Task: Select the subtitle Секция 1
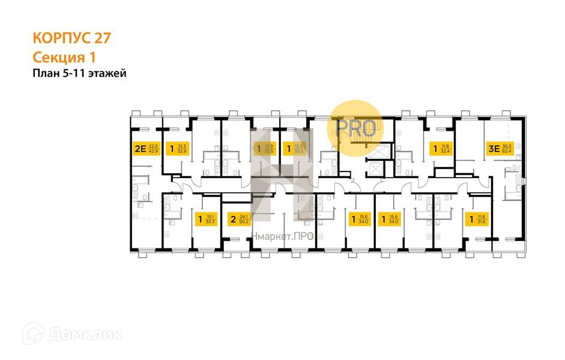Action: click(64, 57)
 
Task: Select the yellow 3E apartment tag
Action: click(500, 148)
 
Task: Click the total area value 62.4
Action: click(507, 151)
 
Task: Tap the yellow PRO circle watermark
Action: click(355, 127)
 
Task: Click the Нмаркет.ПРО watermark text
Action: click(282, 237)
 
